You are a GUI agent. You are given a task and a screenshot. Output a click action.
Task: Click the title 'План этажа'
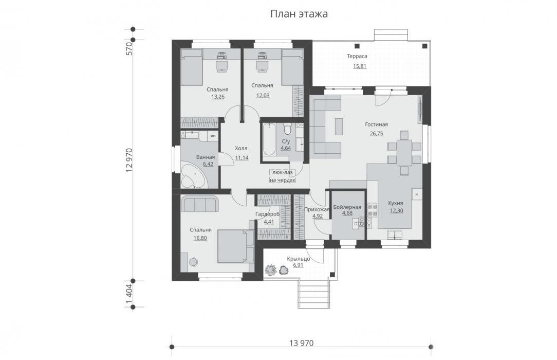click(299, 14)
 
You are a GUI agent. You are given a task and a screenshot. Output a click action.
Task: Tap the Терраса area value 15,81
click(360, 66)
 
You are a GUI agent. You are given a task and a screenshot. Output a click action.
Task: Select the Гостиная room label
click(376, 124)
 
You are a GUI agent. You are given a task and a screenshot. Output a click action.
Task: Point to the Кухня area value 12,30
click(396, 211)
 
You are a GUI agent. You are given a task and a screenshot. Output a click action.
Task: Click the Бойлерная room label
click(347, 207)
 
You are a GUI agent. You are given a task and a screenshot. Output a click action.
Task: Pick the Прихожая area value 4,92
click(317, 215)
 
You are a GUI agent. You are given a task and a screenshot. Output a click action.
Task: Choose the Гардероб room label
click(268, 214)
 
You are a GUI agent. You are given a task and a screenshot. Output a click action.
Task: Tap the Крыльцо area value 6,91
click(299, 265)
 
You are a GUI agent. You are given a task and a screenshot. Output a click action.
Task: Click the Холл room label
click(241, 148)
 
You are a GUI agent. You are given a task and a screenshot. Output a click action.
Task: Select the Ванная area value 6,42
click(208, 164)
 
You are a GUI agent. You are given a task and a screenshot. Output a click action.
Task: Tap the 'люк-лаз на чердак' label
click(283, 176)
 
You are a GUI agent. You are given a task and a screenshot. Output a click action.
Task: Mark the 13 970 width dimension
click(302, 343)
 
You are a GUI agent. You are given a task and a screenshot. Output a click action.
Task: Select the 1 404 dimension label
click(129, 294)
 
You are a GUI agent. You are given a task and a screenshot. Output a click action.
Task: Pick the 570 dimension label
click(129, 49)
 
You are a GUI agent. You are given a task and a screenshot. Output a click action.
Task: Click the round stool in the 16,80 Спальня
click(193, 262)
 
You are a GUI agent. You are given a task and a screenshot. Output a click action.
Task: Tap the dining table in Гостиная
click(404, 153)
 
